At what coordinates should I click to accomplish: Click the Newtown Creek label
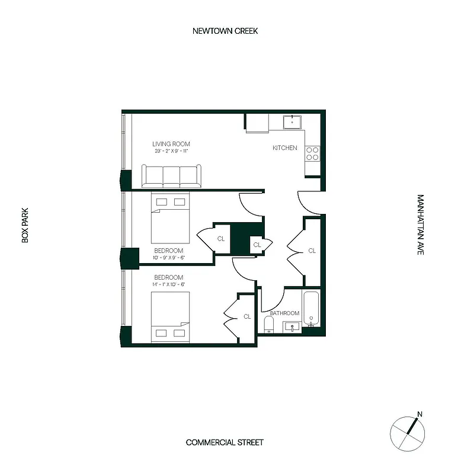225,31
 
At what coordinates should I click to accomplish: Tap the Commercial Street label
225,443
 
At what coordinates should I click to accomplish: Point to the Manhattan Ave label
420,225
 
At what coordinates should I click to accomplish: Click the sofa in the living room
171,176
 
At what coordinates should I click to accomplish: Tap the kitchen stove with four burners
312,154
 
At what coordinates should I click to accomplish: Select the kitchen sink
292,122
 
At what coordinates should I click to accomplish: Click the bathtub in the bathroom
312,309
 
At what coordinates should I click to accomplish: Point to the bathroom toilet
268,324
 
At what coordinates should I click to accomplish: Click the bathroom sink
292,326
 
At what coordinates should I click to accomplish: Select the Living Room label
171,144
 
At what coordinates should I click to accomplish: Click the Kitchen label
284,148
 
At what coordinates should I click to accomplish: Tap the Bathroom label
284,313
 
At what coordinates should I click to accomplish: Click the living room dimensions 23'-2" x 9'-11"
171,152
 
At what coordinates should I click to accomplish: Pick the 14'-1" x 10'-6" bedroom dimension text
169,285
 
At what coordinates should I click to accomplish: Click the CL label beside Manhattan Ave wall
312,251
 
